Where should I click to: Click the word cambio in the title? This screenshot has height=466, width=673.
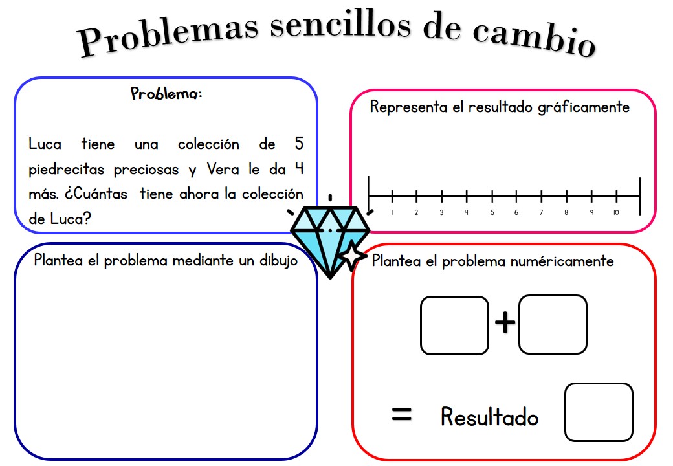[x=535, y=38]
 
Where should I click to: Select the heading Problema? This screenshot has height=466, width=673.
[x=166, y=94]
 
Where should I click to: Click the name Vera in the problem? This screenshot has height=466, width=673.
[x=223, y=169]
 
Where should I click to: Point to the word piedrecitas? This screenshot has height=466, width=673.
[x=67, y=170]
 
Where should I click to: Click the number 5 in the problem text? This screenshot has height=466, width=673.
[x=299, y=143]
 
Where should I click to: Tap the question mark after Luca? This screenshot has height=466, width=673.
[x=87, y=218]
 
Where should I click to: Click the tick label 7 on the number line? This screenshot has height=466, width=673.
[x=541, y=212]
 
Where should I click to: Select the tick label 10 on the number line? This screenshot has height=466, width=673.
[x=616, y=212]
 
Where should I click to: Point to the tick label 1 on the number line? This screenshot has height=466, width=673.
[x=392, y=212]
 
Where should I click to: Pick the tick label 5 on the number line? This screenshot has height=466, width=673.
[x=492, y=212]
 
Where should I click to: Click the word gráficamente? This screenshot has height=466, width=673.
[x=584, y=107]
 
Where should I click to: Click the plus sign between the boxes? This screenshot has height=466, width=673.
[x=505, y=322]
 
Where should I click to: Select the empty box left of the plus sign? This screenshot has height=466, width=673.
[x=454, y=326]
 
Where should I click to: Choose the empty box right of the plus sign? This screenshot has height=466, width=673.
[x=553, y=324]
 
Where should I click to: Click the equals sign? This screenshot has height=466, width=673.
[x=402, y=414]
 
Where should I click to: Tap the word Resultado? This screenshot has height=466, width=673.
[x=490, y=417]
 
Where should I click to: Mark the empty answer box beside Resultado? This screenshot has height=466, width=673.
[x=599, y=412]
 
